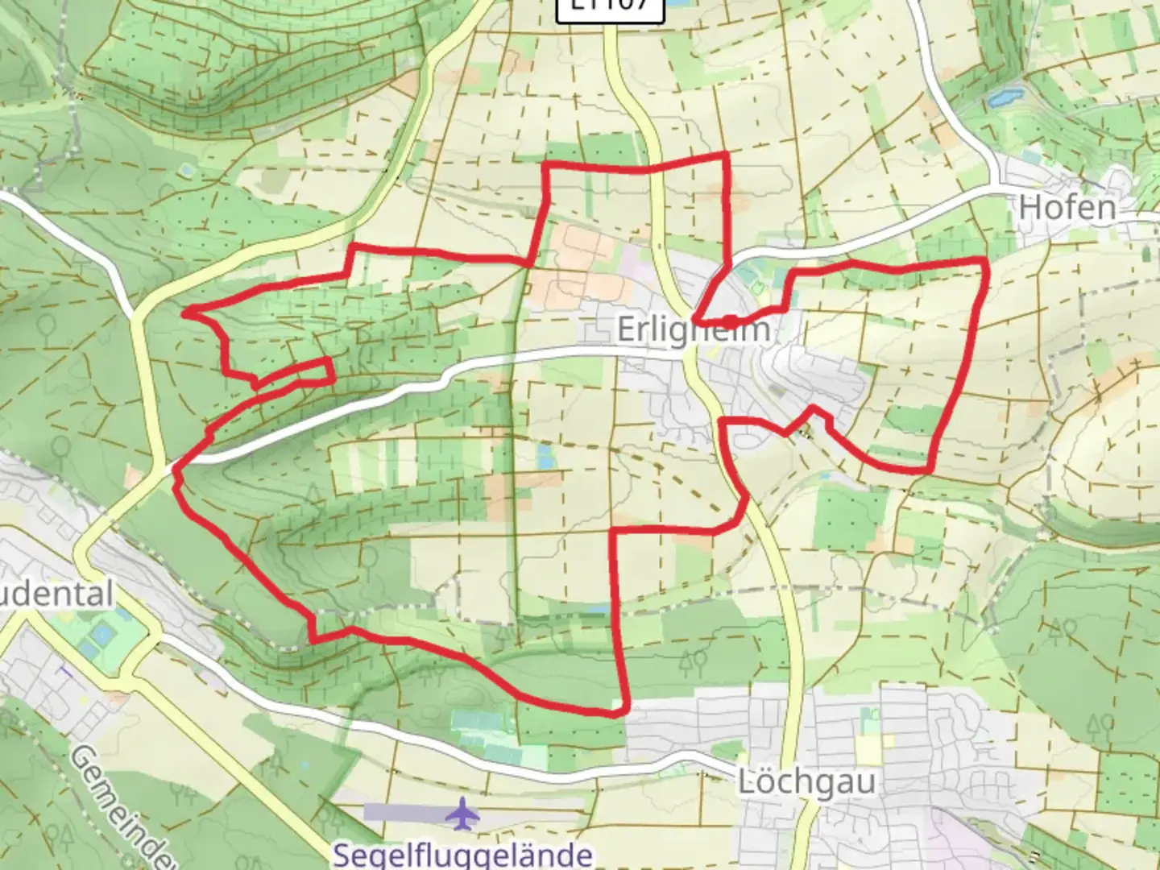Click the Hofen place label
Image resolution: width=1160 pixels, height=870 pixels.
1067,208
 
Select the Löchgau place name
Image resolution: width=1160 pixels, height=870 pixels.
806,781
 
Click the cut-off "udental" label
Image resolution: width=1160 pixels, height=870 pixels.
56,594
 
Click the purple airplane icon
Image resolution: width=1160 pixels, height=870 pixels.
462,812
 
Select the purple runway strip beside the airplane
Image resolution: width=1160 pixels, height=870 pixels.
403,811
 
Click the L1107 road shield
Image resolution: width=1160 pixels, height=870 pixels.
610,6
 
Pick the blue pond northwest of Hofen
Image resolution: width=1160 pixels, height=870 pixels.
1002,99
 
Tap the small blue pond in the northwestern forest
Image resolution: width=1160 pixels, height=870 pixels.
187,171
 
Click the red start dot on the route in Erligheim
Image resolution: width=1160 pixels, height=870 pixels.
729,321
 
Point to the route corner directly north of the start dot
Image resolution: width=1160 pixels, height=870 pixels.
727,154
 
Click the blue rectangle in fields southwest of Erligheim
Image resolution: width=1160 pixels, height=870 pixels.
545,457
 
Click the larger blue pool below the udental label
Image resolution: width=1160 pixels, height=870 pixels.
102,636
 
